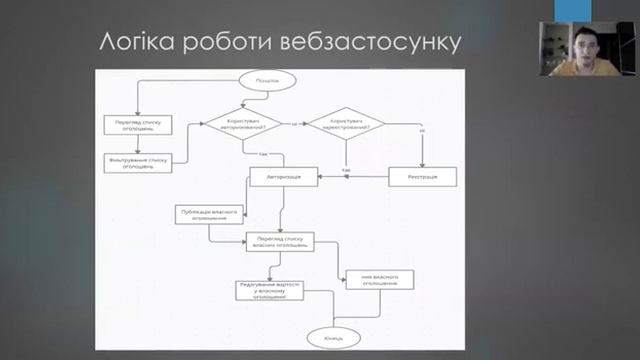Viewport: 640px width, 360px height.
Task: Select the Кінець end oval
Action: click(334, 338)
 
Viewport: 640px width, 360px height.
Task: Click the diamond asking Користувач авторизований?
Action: click(244, 126)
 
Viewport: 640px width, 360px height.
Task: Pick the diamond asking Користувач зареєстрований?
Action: click(346, 126)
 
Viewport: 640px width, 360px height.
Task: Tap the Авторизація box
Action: click(284, 177)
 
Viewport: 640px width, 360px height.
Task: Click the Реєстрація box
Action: click(422, 177)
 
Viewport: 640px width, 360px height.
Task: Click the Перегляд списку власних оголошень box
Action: click(280, 241)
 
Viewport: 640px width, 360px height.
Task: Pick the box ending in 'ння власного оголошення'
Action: click(379, 280)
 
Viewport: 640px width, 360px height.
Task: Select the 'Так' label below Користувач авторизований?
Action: click(262, 154)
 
